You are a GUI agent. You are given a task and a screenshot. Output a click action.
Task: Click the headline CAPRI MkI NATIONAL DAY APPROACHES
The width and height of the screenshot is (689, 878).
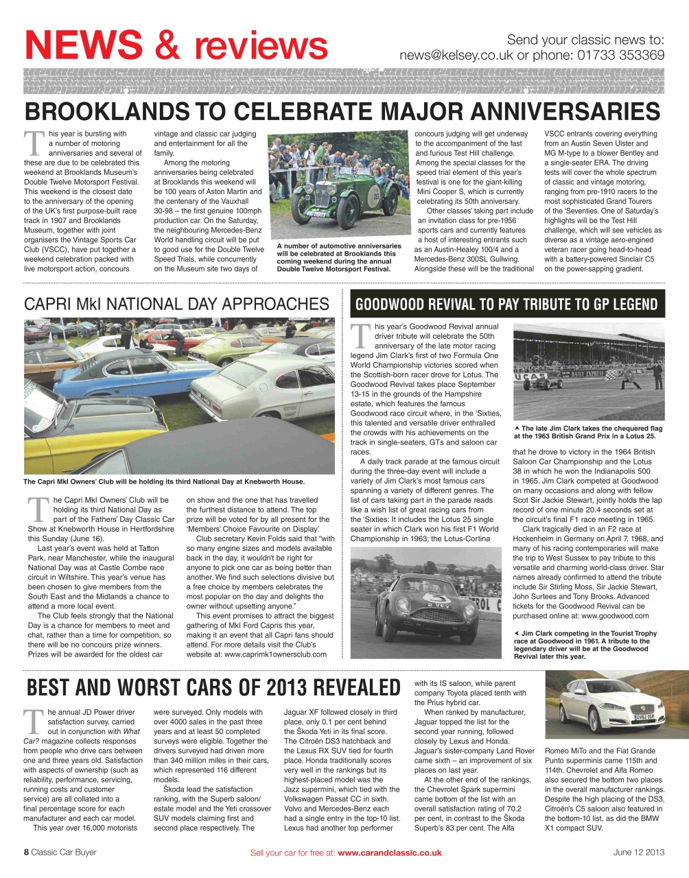click(176, 304)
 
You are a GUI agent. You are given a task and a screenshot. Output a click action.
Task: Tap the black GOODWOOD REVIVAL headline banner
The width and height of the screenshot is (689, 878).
click(506, 304)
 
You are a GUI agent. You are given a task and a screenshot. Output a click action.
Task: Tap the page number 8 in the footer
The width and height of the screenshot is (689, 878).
click(26, 853)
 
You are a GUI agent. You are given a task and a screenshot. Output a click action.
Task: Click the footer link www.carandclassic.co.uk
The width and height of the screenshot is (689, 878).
click(389, 853)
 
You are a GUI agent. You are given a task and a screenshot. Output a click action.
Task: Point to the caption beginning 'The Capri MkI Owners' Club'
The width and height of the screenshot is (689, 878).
click(164, 482)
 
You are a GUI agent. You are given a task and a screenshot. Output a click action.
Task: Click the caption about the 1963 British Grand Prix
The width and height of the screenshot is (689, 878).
click(588, 432)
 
